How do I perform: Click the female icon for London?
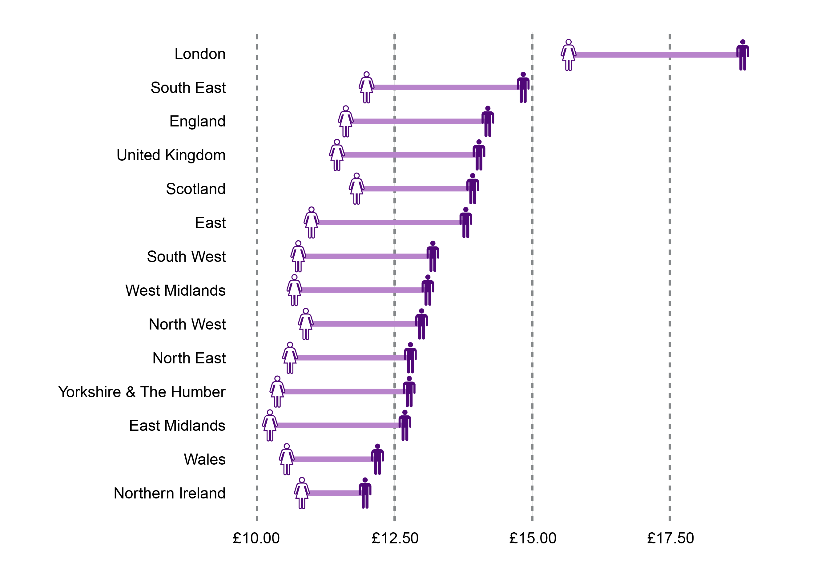click(x=568, y=55)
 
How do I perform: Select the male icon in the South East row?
click(x=523, y=88)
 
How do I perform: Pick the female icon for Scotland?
click(x=356, y=189)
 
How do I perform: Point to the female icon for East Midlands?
click(x=270, y=426)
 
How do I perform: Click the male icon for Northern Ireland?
click(x=365, y=493)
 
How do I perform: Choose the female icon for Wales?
click(x=287, y=459)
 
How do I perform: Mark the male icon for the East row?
click(x=465, y=223)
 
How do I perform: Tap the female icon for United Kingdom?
click(x=336, y=155)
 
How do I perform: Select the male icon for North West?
click(x=421, y=324)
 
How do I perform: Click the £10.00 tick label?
click(x=256, y=538)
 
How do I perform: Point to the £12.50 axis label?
click(x=394, y=538)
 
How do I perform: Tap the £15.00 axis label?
click(x=532, y=538)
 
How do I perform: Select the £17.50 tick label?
click(x=670, y=538)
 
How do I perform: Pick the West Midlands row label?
click(x=175, y=291)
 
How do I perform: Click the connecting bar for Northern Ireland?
click(x=334, y=493)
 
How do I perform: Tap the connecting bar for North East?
click(x=350, y=358)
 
